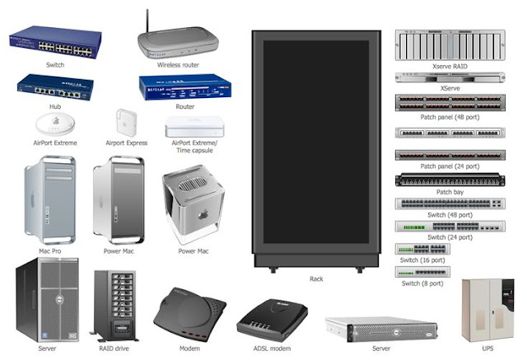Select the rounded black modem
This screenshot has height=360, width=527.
(190, 311)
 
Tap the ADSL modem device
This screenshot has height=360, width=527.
(273, 318)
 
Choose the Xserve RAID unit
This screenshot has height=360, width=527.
(450, 44)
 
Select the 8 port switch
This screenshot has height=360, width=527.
(422, 271)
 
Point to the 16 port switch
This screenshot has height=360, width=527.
(422, 249)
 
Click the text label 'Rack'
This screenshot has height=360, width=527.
(316, 279)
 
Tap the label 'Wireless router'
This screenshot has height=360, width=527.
(179, 64)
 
